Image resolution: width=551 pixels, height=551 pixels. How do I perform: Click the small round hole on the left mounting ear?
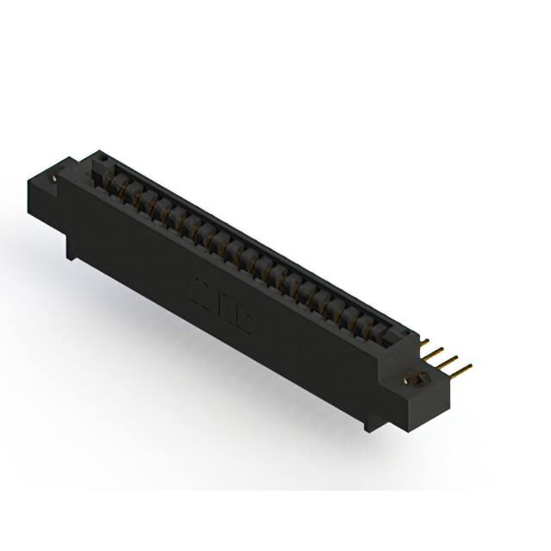pyautogui.click(x=58, y=178)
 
